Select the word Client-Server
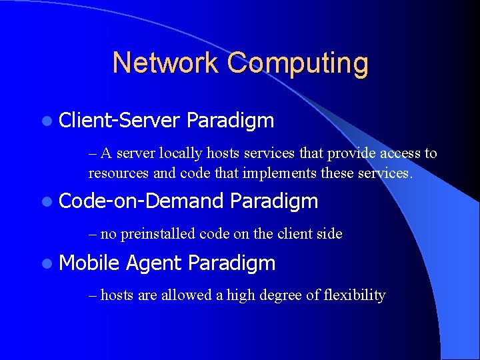119,121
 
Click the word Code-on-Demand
141,201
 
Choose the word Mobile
89,263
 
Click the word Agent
153,264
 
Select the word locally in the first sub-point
181,153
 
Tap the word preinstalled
157,234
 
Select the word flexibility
354,295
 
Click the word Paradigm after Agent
231,264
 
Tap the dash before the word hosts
93,295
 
